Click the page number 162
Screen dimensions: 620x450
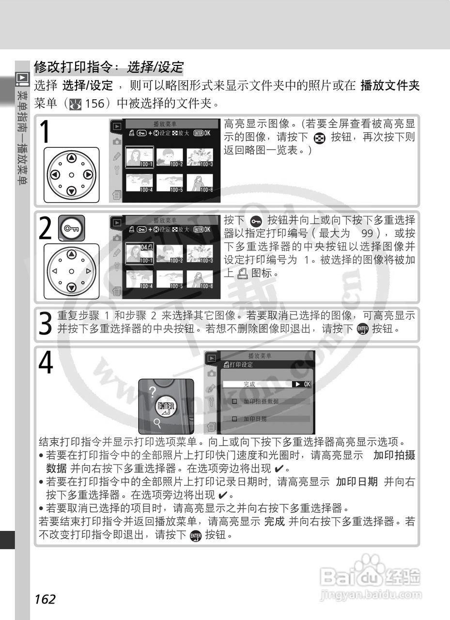point(45,599)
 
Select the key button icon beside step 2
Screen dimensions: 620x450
point(71,228)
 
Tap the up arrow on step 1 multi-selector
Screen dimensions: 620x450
point(71,158)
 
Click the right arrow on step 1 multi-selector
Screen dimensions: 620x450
point(88,174)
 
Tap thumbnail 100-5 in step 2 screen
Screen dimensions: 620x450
point(170,279)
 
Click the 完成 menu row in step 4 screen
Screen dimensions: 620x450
point(266,384)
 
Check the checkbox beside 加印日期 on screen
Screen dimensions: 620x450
point(234,419)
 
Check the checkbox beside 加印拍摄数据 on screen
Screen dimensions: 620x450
point(234,402)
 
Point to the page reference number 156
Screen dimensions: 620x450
point(95,104)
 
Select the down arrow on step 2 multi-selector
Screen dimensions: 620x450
point(71,288)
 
